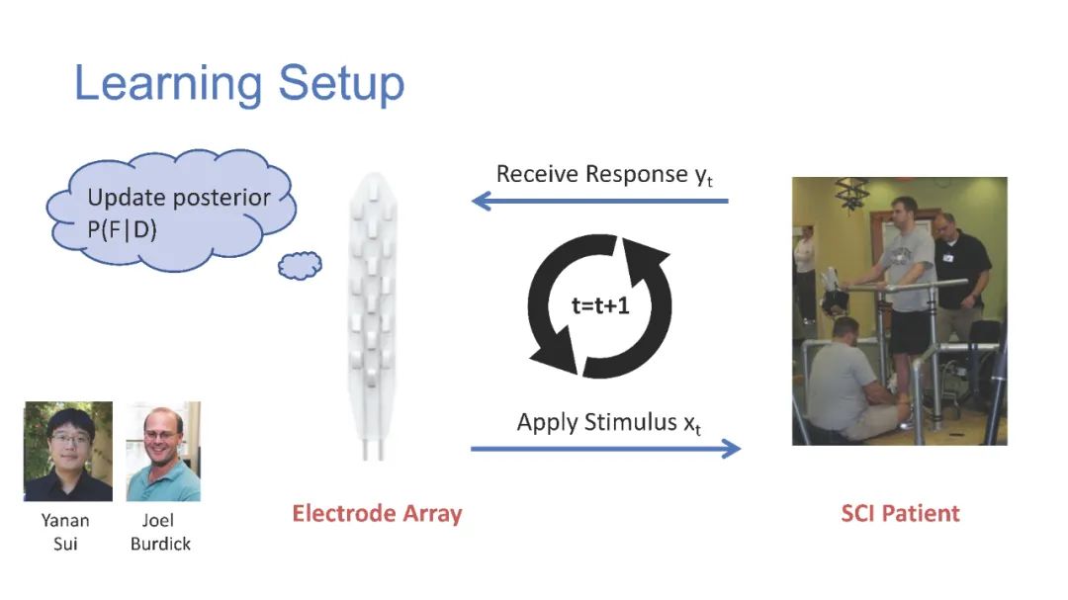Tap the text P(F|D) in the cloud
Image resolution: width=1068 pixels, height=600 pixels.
(x=124, y=226)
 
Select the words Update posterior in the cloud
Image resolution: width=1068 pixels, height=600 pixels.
(x=179, y=197)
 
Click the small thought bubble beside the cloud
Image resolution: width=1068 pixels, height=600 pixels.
(x=300, y=265)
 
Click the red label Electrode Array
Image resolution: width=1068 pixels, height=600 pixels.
(x=377, y=513)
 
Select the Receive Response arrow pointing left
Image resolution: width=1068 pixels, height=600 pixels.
(x=599, y=202)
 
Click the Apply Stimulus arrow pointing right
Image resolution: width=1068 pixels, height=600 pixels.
(x=605, y=449)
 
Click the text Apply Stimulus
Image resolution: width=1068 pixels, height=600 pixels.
(x=591, y=422)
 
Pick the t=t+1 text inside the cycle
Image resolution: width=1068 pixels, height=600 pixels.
(x=600, y=306)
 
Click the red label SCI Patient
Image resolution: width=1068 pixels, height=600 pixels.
(x=900, y=513)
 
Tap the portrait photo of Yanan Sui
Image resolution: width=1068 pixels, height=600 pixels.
(x=67, y=451)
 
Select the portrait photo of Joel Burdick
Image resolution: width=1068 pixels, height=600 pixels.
(x=163, y=451)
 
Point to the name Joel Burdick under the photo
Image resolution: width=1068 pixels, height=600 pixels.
(x=160, y=531)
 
